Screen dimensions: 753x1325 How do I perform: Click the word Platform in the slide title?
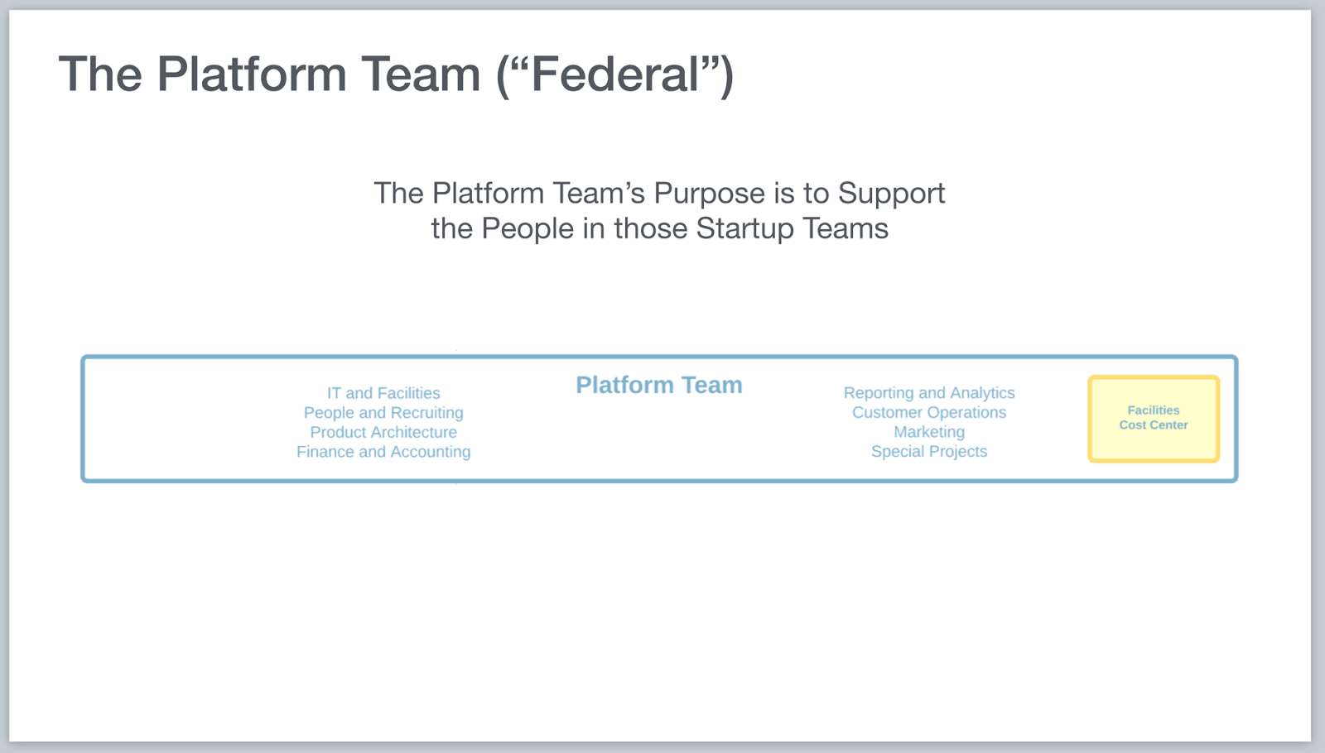pos(252,74)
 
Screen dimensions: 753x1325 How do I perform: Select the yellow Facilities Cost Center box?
pos(1153,418)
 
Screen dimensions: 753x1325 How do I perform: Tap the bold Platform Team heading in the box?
pos(658,386)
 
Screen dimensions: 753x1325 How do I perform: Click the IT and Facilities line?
pos(383,393)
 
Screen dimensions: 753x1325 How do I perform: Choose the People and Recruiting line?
pos(383,413)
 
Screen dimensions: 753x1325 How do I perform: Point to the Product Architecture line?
pos(383,432)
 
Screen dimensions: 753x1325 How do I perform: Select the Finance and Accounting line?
pos(383,452)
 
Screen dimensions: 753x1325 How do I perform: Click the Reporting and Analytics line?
pos(929,393)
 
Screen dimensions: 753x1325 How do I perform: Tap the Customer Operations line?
pos(929,412)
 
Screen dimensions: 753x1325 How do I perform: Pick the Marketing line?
pos(929,432)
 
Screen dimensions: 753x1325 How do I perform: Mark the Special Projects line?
pos(929,452)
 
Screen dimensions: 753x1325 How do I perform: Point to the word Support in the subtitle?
pos(891,194)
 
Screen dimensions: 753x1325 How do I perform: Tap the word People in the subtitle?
pos(528,229)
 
